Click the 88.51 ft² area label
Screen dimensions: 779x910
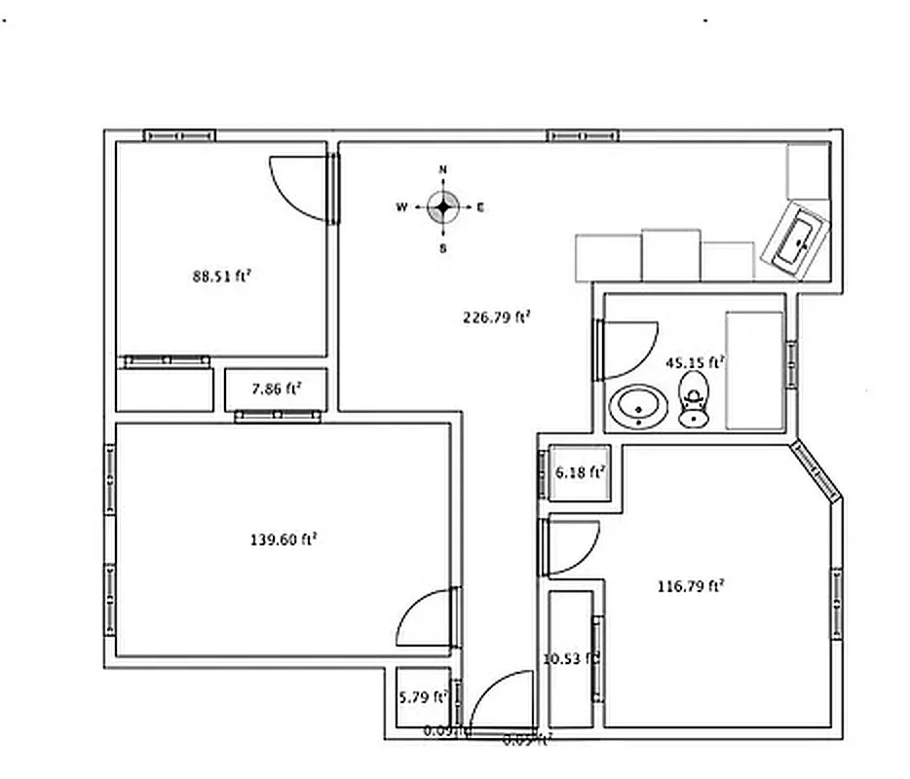click(222, 276)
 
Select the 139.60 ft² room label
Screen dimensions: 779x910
click(284, 538)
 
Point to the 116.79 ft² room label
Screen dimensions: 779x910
click(691, 586)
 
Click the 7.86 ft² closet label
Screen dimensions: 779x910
click(276, 389)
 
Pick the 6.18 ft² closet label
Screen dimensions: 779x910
click(581, 472)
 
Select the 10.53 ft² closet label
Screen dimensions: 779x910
click(570, 658)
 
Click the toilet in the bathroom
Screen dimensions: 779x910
click(694, 400)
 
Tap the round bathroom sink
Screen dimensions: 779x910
click(639, 407)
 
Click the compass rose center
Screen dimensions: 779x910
click(443, 206)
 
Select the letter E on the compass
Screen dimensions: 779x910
click(480, 207)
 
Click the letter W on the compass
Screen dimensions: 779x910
click(401, 207)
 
